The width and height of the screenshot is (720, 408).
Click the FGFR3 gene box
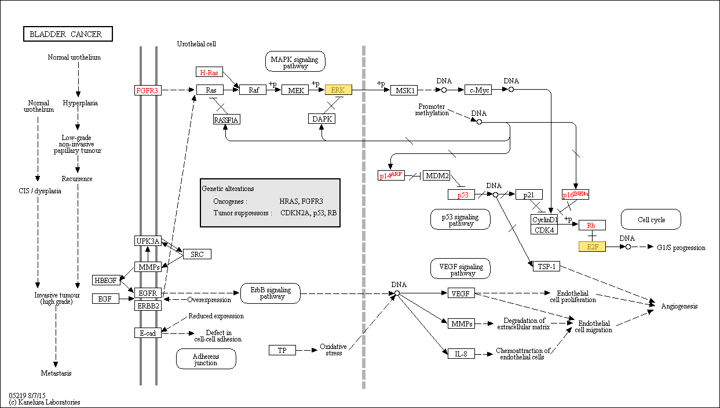point(148,90)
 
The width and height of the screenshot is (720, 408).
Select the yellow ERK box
point(338,90)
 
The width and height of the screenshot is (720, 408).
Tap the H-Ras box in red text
point(209,72)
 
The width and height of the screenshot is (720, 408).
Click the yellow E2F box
point(592,247)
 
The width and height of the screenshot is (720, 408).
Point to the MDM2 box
point(437,175)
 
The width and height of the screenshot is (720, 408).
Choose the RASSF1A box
point(226,120)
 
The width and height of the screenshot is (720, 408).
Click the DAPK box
point(321,119)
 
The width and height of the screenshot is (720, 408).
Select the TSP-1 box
point(546,266)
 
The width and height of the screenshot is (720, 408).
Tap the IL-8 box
point(461,354)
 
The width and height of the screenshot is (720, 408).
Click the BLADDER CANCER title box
point(68,34)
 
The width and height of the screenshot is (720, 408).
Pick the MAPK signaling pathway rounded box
point(295,61)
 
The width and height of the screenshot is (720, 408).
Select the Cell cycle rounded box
point(651,219)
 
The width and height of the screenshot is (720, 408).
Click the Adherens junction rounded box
point(206,359)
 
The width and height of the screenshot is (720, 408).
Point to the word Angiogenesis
point(679,306)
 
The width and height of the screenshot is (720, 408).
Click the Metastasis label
point(56,373)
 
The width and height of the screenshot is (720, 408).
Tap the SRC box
point(197,254)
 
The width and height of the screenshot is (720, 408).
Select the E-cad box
point(148,333)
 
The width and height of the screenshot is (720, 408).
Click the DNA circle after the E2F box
point(628,247)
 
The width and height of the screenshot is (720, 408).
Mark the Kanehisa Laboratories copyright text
point(45,402)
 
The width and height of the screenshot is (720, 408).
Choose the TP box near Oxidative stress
point(282,350)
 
